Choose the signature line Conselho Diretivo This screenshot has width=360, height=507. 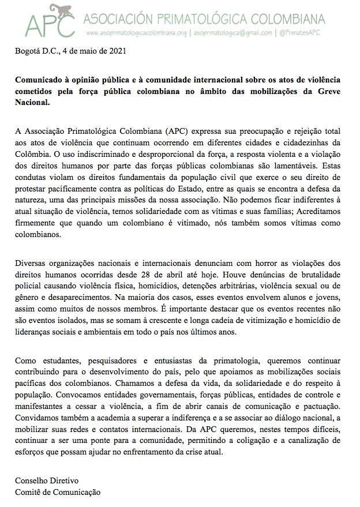coord(47,480)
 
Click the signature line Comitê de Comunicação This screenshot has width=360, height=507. coord(58,491)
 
